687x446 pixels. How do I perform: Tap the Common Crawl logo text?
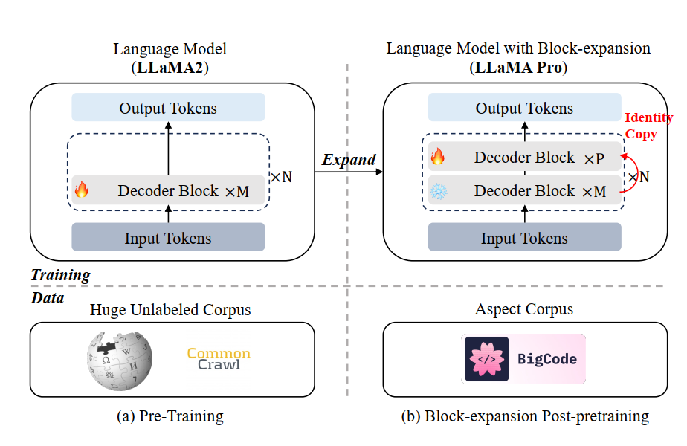(219, 359)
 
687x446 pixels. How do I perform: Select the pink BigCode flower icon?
(486, 359)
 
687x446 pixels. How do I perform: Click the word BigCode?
(547, 359)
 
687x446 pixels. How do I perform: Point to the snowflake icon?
(439, 191)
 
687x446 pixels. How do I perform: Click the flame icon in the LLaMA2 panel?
(81, 190)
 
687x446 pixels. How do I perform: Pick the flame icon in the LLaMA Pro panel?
(439, 158)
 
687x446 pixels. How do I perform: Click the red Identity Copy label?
(648, 125)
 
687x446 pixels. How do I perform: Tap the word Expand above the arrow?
(349, 160)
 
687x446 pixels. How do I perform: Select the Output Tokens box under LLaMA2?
(168, 108)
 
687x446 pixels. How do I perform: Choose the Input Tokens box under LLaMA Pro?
(524, 238)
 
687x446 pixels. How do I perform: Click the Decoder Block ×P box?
(524, 158)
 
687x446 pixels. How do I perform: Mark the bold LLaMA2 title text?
(170, 68)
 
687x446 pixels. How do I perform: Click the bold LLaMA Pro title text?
(518, 68)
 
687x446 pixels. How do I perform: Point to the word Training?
(60, 275)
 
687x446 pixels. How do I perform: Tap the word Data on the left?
(47, 298)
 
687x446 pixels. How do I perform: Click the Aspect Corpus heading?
(524, 309)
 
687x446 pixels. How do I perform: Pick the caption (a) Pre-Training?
(170, 416)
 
